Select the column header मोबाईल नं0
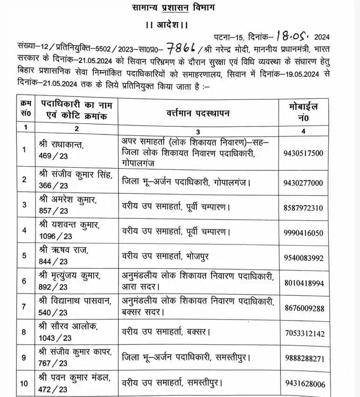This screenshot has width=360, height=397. (x=304, y=113)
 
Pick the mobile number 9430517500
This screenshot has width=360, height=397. (x=304, y=153)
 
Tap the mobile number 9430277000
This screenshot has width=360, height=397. (x=304, y=183)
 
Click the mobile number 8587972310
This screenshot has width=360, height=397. (x=304, y=207)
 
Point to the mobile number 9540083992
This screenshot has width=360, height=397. (x=304, y=258)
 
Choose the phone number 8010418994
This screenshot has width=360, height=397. (x=304, y=283)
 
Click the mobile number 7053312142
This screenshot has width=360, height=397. (x=304, y=334)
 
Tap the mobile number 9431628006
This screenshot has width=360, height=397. (x=304, y=384)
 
